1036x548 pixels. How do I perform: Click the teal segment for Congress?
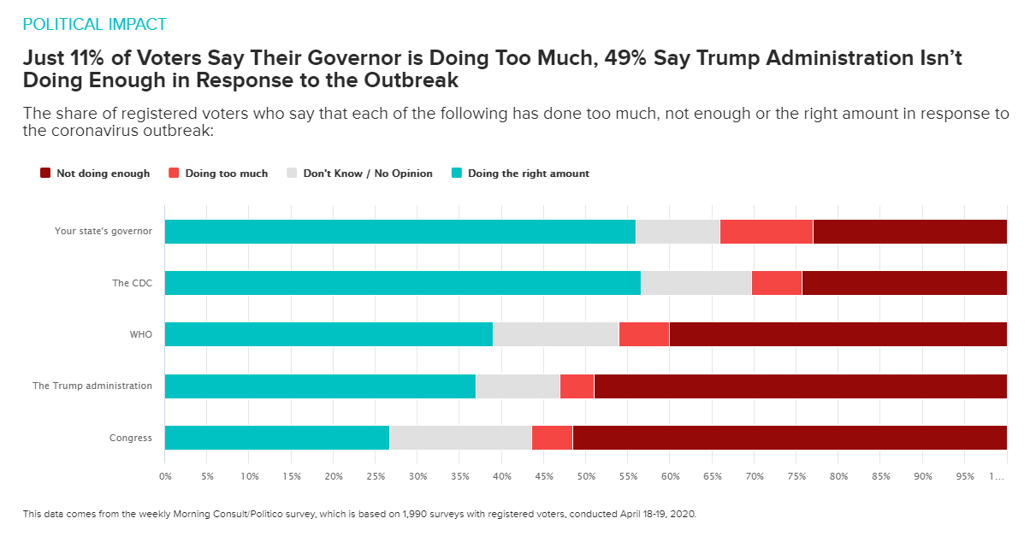coord(276,437)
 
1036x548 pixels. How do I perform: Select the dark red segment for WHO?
coord(838,334)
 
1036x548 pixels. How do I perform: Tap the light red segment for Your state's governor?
coord(766,232)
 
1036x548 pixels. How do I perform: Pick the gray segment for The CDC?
coord(696,283)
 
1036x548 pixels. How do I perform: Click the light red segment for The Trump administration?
coord(577,386)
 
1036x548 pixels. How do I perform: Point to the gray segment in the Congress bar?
coord(460,437)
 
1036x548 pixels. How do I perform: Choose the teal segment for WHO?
coord(329,334)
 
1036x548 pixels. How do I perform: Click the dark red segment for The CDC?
coord(904,283)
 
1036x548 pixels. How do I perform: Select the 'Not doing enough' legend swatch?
coord(46,174)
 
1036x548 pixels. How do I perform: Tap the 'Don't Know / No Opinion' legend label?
coord(368,174)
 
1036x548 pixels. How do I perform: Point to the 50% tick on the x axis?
coord(586,476)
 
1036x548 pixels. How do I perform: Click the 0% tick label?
coord(165,476)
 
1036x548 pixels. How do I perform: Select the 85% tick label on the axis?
coord(880,476)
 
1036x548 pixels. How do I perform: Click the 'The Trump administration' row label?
coord(92,386)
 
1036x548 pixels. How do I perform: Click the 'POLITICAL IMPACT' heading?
coord(94,24)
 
